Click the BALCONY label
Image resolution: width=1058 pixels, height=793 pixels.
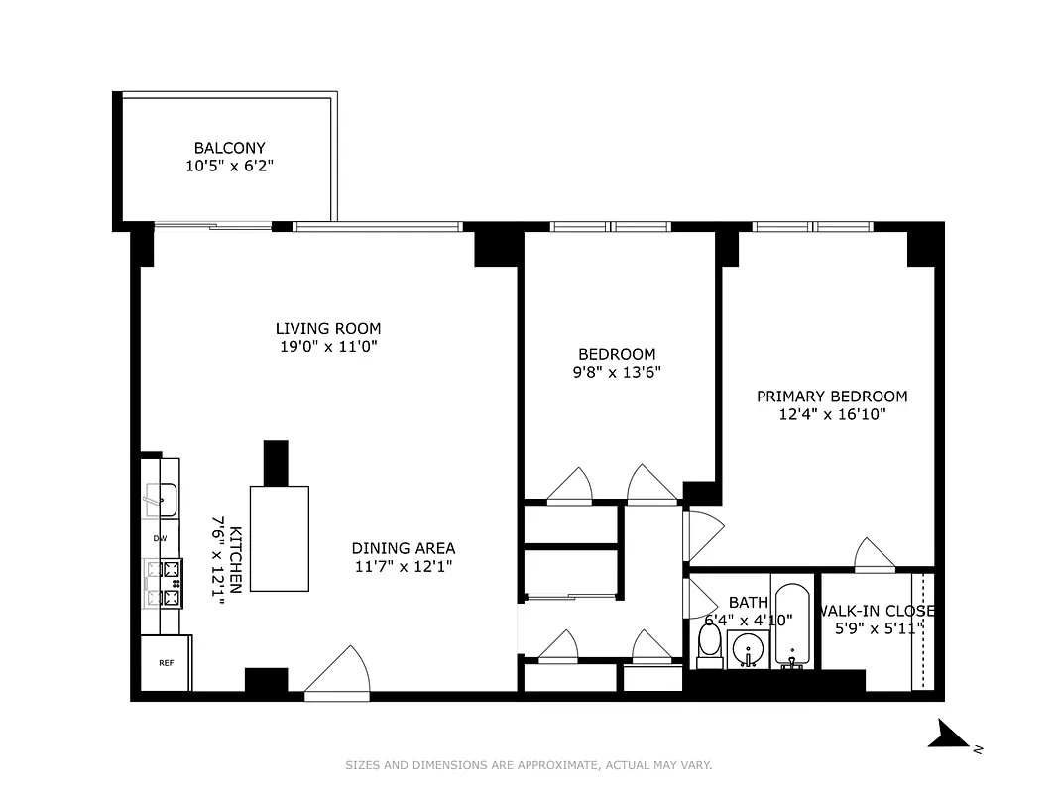click(229, 149)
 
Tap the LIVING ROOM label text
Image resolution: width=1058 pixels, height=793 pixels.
click(327, 329)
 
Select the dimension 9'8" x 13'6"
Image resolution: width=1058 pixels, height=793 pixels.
click(617, 373)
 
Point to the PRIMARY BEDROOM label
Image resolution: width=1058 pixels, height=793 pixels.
click(831, 396)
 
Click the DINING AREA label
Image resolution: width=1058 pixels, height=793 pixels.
click(403, 548)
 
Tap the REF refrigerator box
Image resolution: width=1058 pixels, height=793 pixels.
click(166, 663)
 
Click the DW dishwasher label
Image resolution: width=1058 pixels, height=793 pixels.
click(159, 538)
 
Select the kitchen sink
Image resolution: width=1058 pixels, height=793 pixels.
click(160, 499)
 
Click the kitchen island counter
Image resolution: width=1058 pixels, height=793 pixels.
click(279, 537)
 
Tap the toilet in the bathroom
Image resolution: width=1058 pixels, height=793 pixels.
click(709, 645)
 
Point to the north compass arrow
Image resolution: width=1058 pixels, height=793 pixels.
click(953, 736)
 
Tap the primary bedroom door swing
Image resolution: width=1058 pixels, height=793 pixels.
click(874, 555)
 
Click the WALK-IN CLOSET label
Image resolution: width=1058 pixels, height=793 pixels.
click(878, 611)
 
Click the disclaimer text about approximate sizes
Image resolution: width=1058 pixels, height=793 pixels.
click(529, 765)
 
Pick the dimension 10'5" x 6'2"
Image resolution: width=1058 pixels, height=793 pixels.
click(229, 168)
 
